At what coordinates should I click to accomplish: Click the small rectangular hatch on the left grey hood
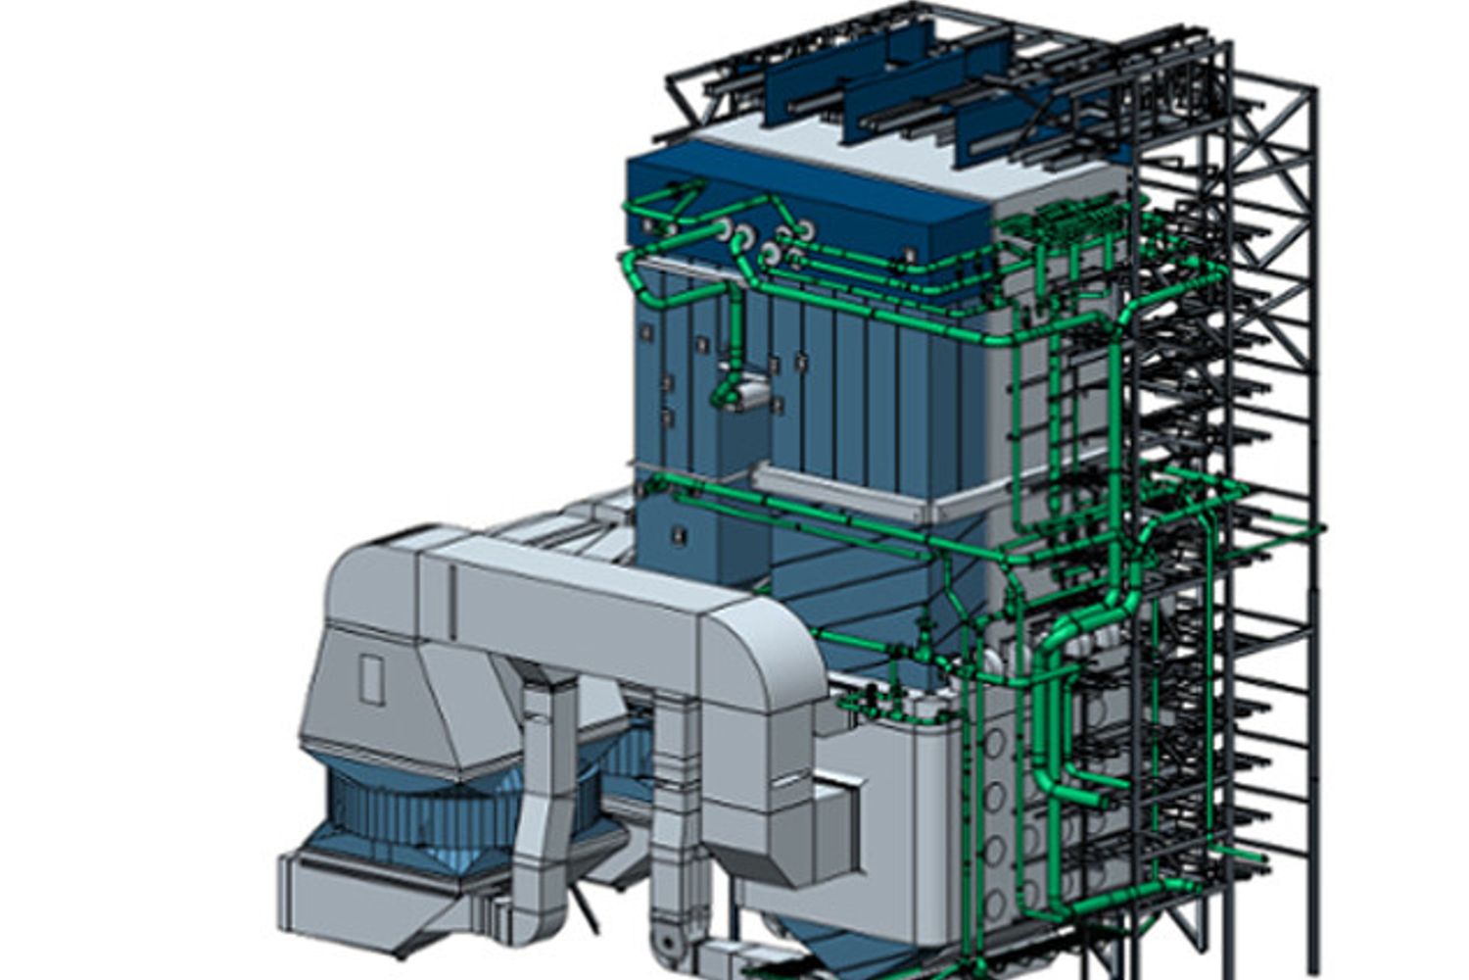pos(371,679)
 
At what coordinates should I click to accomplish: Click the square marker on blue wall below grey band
pos(677,534)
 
